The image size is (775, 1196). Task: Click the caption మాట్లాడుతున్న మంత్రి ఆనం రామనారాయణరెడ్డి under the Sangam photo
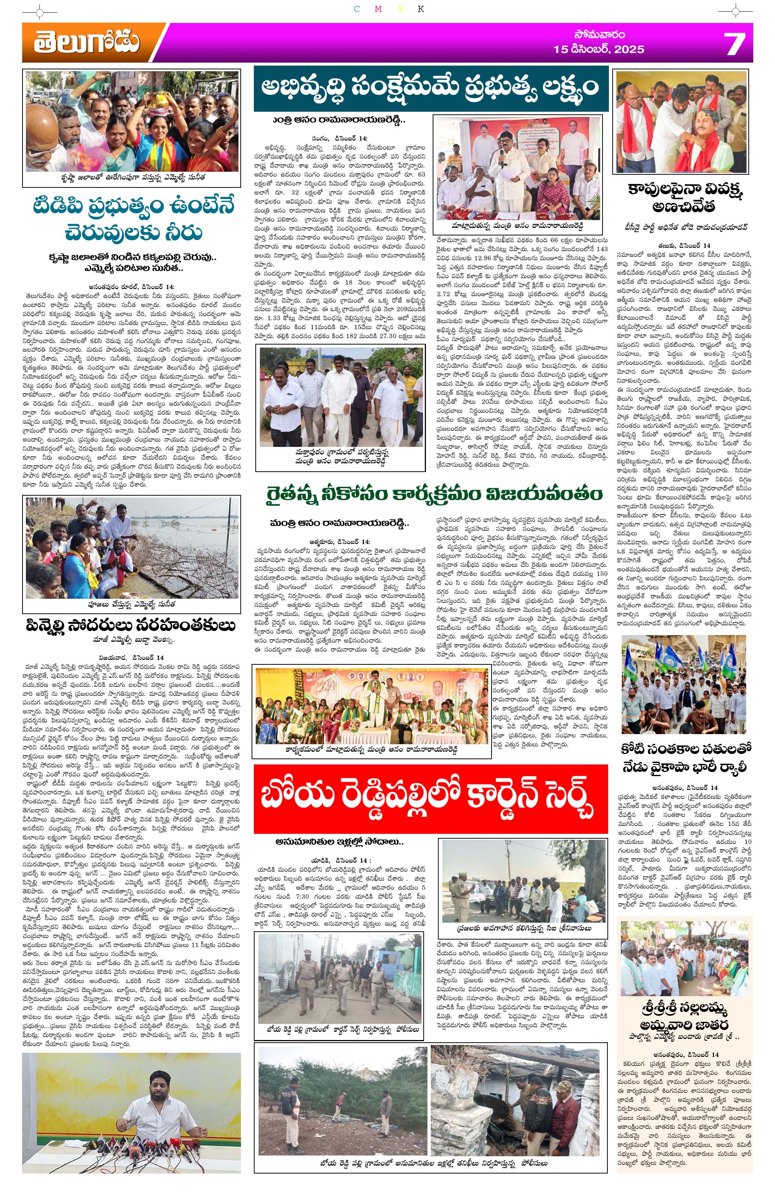pos(517,226)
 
